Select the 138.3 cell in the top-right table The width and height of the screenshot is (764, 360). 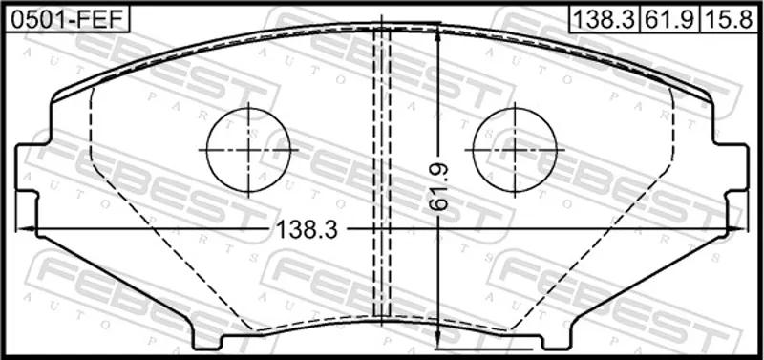[x=605, y=20]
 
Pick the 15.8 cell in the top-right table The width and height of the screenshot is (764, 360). [x=730, y=20]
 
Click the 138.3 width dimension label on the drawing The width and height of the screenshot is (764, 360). [x=307, y=229]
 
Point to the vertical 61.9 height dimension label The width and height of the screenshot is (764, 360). [x=439, y=187]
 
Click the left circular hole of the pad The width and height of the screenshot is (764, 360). [x=248, y=150]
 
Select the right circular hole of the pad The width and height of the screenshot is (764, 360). [x=515, y=150]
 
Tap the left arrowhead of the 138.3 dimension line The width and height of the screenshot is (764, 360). [x=23, y=228]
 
